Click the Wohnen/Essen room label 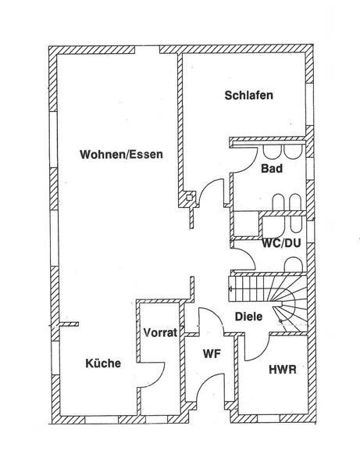pyautogui.click(x=121, y=155)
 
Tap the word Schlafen pyautogui.click(x=249, y=95)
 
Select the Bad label pyautogui.click(x=272, y=168)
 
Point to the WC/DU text pyautogui.click(x=281, y=243)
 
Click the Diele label pyautogui.click(x=249, y=317)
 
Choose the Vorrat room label pyautogui.click(x=160, y=332)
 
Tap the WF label pyautogui.click(x=212, y=354)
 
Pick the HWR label pyautogui.click(x=283, y=370)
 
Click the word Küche pyautogui.click(x=103, y=363)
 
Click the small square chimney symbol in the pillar pyautogui.click(x=190, y=198)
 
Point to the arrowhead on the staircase pyautogui.click(x=230, y=288)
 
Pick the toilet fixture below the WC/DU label pyautogui.click(x=294, y=264)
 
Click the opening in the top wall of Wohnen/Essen pyautogui.click(x=147, y=50)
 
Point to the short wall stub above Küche pyautogui.click(x=70, y=324)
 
